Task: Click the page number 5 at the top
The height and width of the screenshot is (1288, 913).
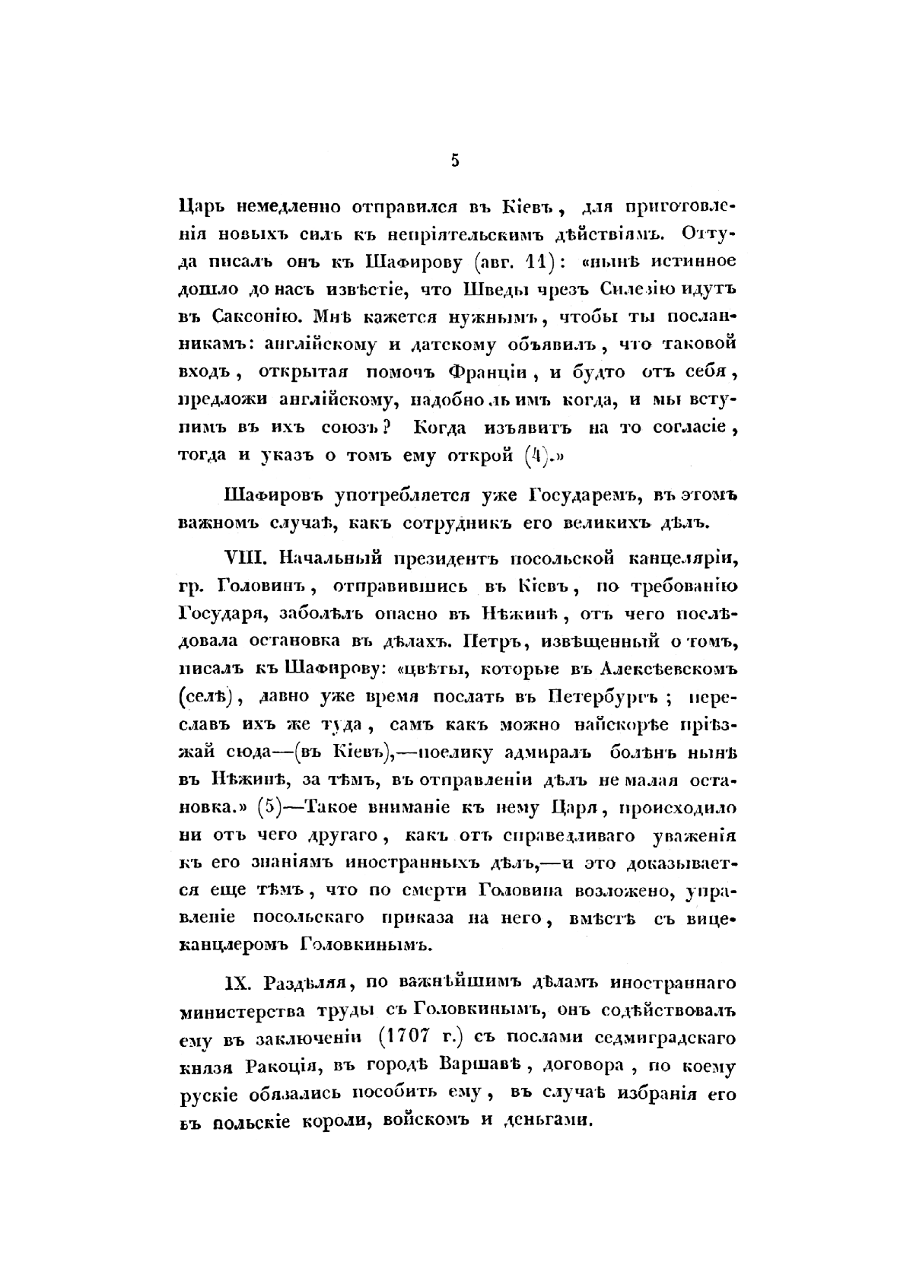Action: point(455,161)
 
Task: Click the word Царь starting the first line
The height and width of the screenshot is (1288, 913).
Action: point(202,208)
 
